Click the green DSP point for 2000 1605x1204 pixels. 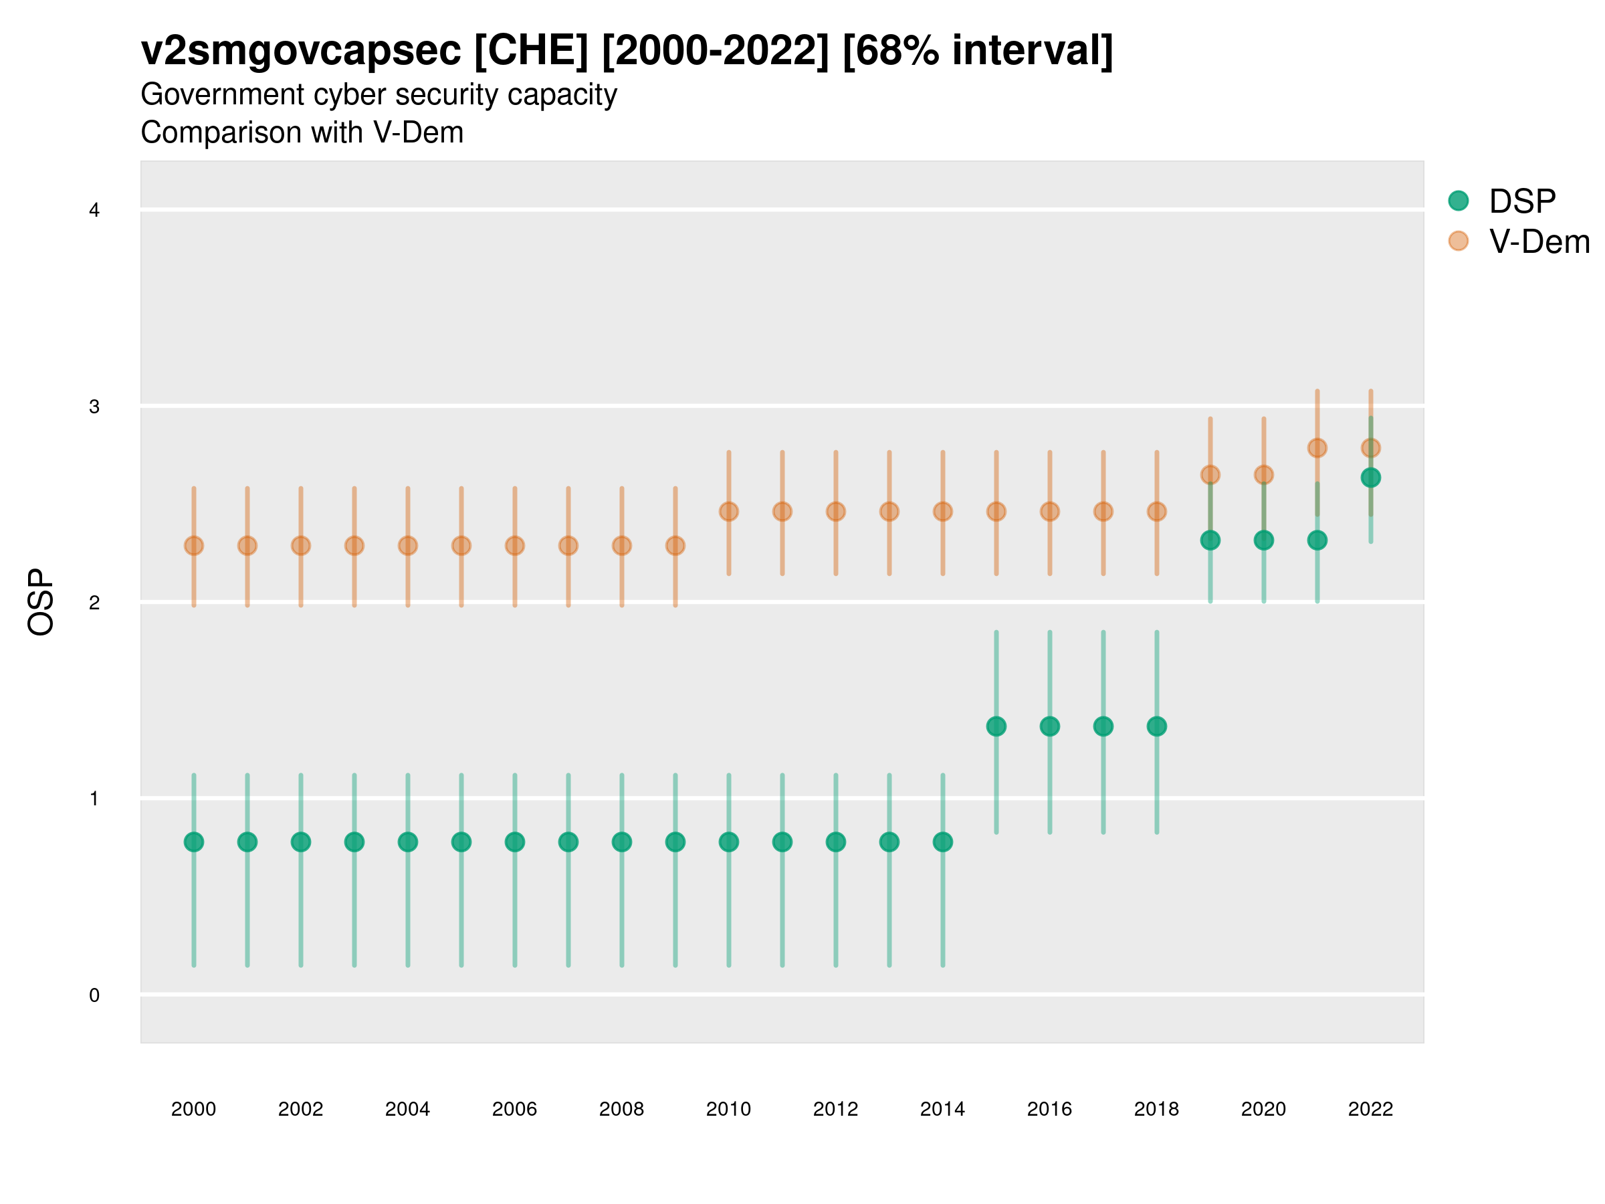194,842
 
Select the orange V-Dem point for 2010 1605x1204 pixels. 728,512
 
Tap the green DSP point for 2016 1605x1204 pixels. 1049,726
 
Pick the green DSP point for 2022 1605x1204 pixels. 1370,478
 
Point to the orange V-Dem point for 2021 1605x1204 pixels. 1317,447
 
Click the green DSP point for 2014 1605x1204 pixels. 942,842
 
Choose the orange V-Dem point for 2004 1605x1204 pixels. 408,546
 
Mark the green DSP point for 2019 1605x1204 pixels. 1210,540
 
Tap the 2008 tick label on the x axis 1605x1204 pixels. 621,1109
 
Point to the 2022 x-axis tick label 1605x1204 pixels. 1370,1109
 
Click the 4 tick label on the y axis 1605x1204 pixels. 94,211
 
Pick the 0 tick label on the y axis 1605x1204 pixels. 94,995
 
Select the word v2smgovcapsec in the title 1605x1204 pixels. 300,51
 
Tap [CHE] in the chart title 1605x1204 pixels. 531,51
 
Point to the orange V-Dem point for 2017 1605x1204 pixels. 1103,512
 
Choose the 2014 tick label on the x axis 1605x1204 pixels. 942,1109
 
